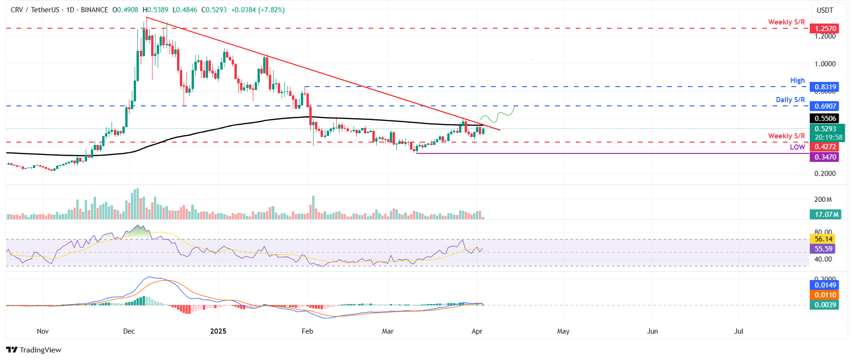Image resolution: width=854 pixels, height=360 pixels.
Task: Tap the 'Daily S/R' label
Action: click(x=790, y=100)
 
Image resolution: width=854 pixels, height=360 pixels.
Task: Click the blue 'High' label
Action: click(x=797, y=80)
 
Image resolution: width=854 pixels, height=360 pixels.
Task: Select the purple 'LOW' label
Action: click(x=797, y=147)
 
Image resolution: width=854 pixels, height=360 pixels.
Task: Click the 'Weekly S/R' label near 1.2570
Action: click(x=786, y=22)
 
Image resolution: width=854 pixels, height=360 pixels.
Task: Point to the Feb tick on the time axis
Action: click(x=307, y=331)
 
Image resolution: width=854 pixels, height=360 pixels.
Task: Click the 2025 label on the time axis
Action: click(x=218, y=331)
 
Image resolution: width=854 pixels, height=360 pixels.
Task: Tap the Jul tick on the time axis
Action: click(x=739, y=331)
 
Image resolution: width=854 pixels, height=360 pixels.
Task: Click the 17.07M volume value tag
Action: click(x=826, y=215)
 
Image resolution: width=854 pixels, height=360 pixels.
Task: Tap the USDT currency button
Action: click(x=825, y=10)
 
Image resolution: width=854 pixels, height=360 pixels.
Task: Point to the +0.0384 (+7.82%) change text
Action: click(x=258, y=10)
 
